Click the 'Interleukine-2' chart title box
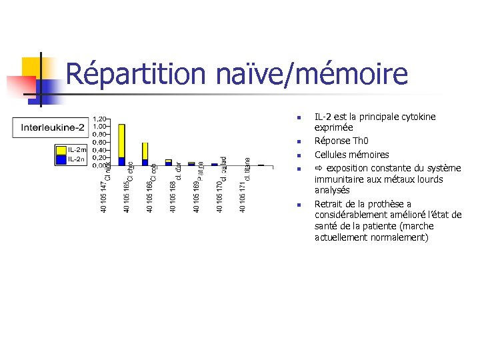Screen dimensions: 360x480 click(51, 127)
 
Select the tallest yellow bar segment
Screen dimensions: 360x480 click(121, 140)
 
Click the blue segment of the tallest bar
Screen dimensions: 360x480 click(121, 161)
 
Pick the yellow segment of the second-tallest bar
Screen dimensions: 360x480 click(145, 151)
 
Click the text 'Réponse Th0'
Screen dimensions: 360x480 click(341, 141)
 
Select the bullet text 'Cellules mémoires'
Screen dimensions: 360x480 click(351, 155)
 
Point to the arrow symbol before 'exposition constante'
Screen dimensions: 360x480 click(319, 168)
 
